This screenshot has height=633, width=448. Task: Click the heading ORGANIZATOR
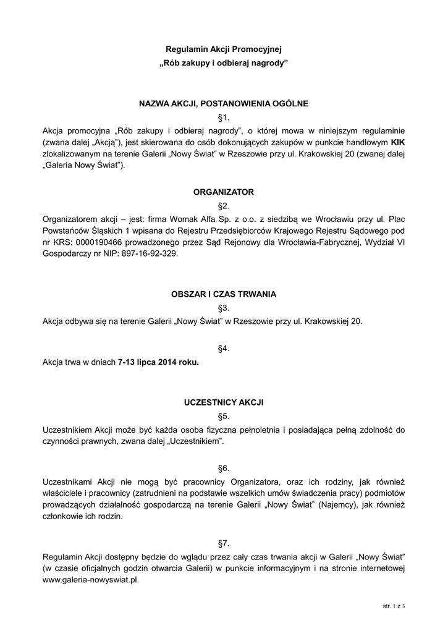click(224, 192)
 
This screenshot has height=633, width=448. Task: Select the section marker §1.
click(224, 117)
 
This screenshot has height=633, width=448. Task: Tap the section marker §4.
click(224, 349)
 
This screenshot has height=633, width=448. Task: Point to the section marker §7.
click(224, 543)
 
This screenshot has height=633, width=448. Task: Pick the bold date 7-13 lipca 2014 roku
click(158, 362)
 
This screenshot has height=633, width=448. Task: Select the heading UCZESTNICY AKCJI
click(224, 402)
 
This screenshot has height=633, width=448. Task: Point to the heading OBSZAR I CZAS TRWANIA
click(224, 294)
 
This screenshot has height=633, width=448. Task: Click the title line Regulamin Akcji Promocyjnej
click(224, 49)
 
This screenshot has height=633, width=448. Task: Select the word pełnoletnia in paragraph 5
click(231, 430)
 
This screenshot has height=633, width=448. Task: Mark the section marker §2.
click(224, 206)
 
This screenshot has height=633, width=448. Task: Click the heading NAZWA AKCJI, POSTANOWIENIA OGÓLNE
click(224, 103)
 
